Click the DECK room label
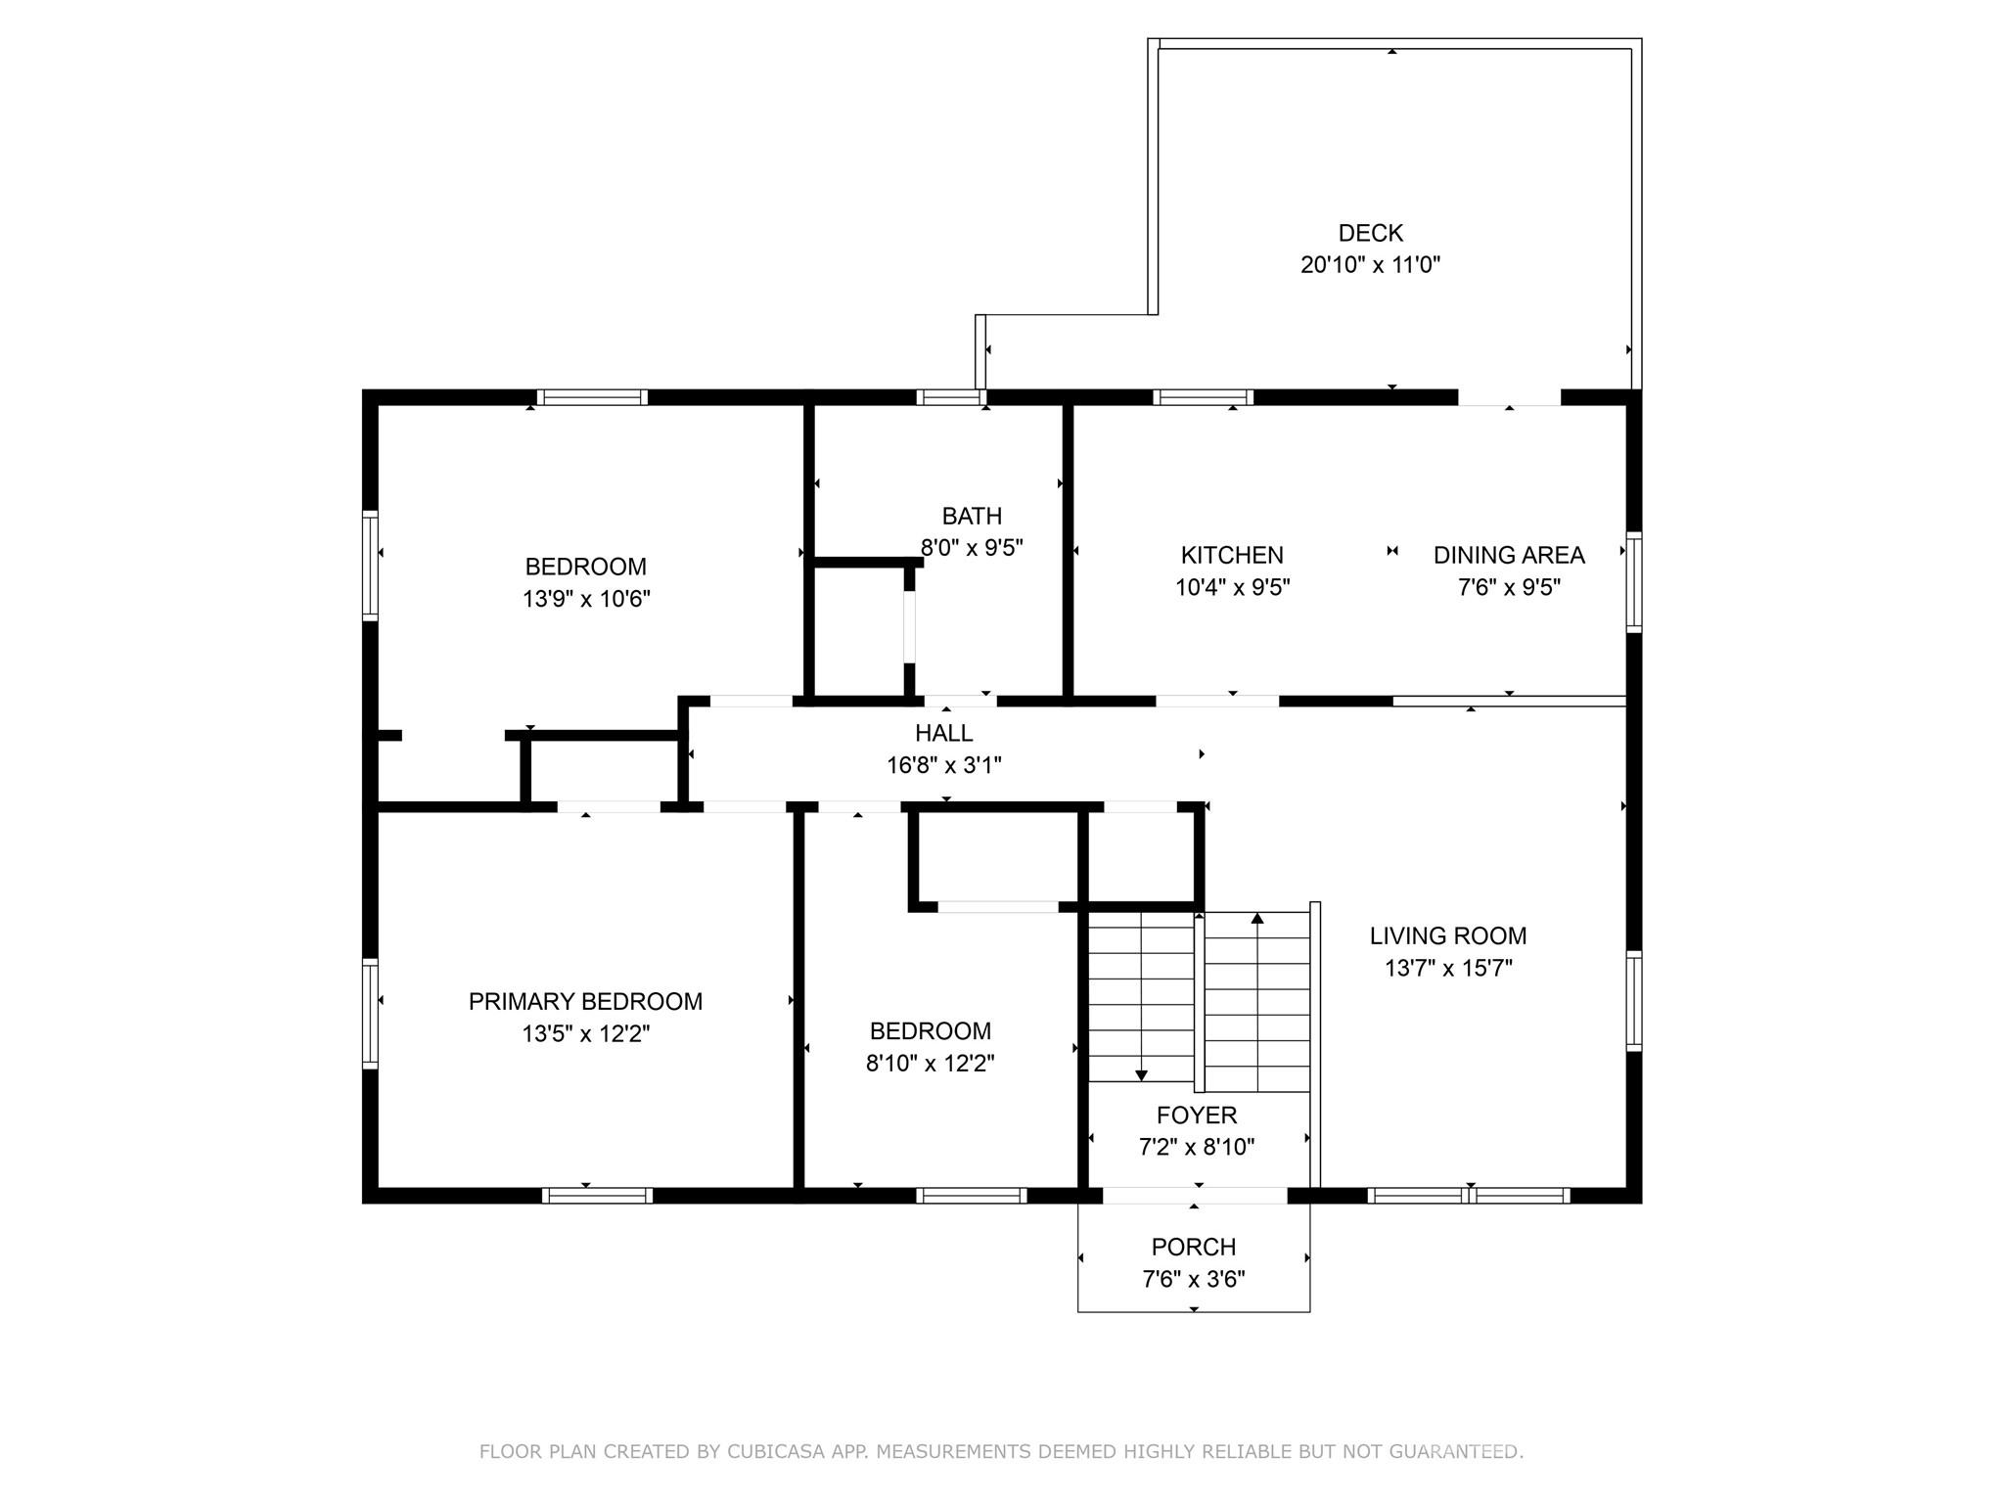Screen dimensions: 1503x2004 click(1370, 233)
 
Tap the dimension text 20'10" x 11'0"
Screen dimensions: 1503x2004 click(1370, 264)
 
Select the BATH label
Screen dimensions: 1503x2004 click(972, 516)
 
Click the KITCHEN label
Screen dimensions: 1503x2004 click(1232, 555)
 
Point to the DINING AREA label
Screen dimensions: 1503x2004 click(1508, 555)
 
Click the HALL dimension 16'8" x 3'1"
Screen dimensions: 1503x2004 click(943, 765)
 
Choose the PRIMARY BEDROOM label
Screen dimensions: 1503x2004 click(585, 1001)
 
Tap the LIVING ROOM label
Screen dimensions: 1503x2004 click(1447, 935)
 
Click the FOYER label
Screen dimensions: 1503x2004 click(1196, 1115)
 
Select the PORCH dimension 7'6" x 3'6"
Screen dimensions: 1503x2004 click(1193, 1279)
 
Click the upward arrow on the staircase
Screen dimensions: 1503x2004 click(1257, 919)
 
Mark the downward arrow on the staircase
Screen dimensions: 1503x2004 click(1141, 1074)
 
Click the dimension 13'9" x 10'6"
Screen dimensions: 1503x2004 click(586, 599)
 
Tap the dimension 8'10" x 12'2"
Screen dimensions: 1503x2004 click(930, 1063)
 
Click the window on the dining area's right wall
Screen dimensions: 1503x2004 click(1633, 581)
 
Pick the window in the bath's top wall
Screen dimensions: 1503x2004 click(951, 397)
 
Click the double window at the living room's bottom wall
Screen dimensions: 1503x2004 click(1468, 1195)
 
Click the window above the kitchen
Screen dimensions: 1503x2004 click(1203, 397)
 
